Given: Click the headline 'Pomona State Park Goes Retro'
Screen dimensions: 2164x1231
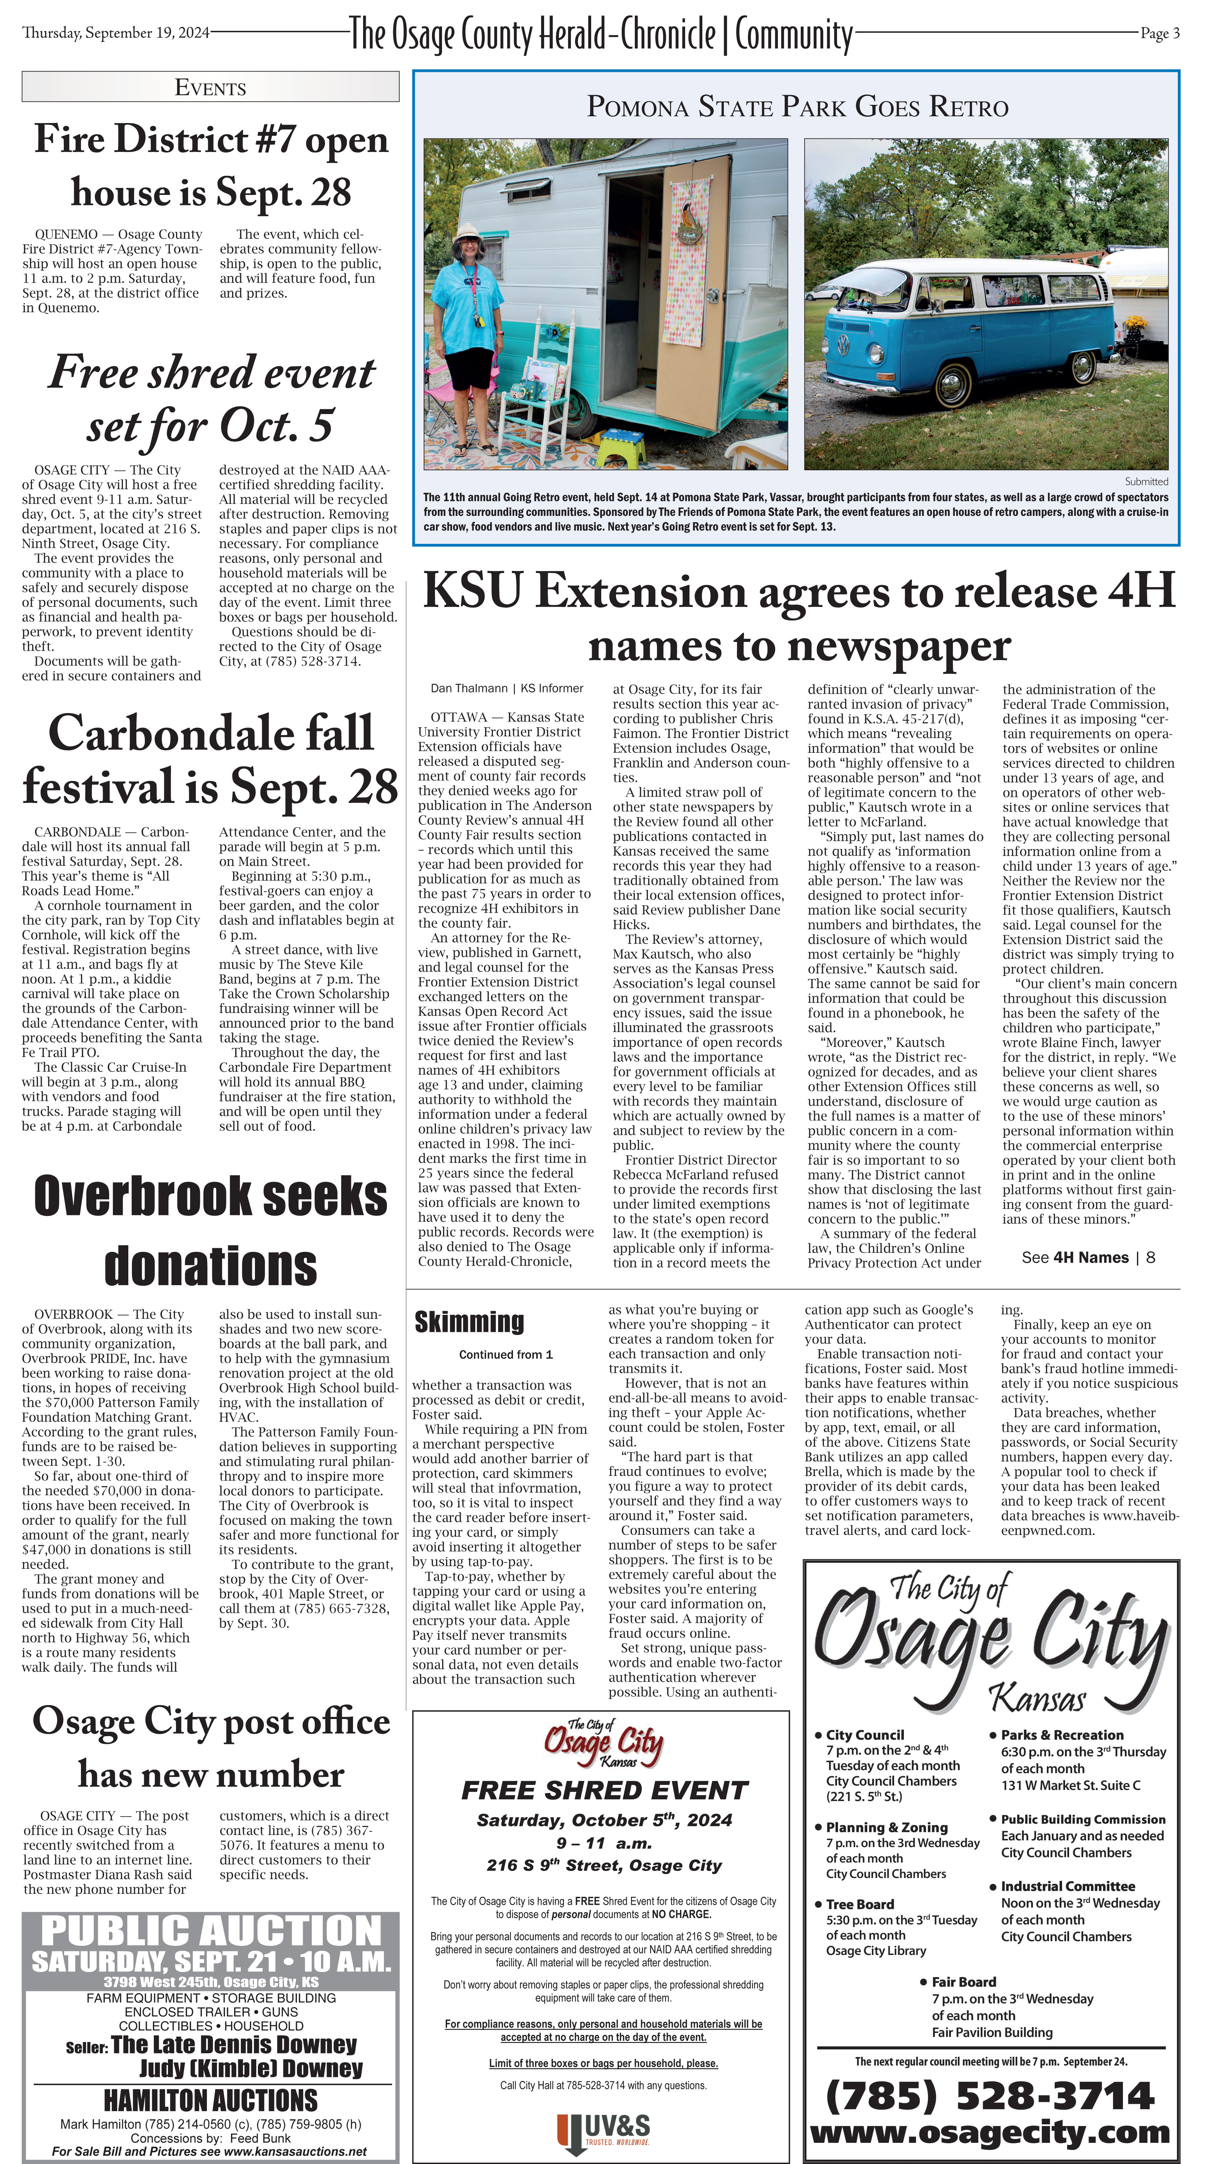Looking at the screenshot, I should pos(797,108).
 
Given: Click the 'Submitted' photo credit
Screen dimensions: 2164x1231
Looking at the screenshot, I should pos(1146,481).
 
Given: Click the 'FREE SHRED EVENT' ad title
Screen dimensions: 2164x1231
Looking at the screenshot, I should pos(605,1791).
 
